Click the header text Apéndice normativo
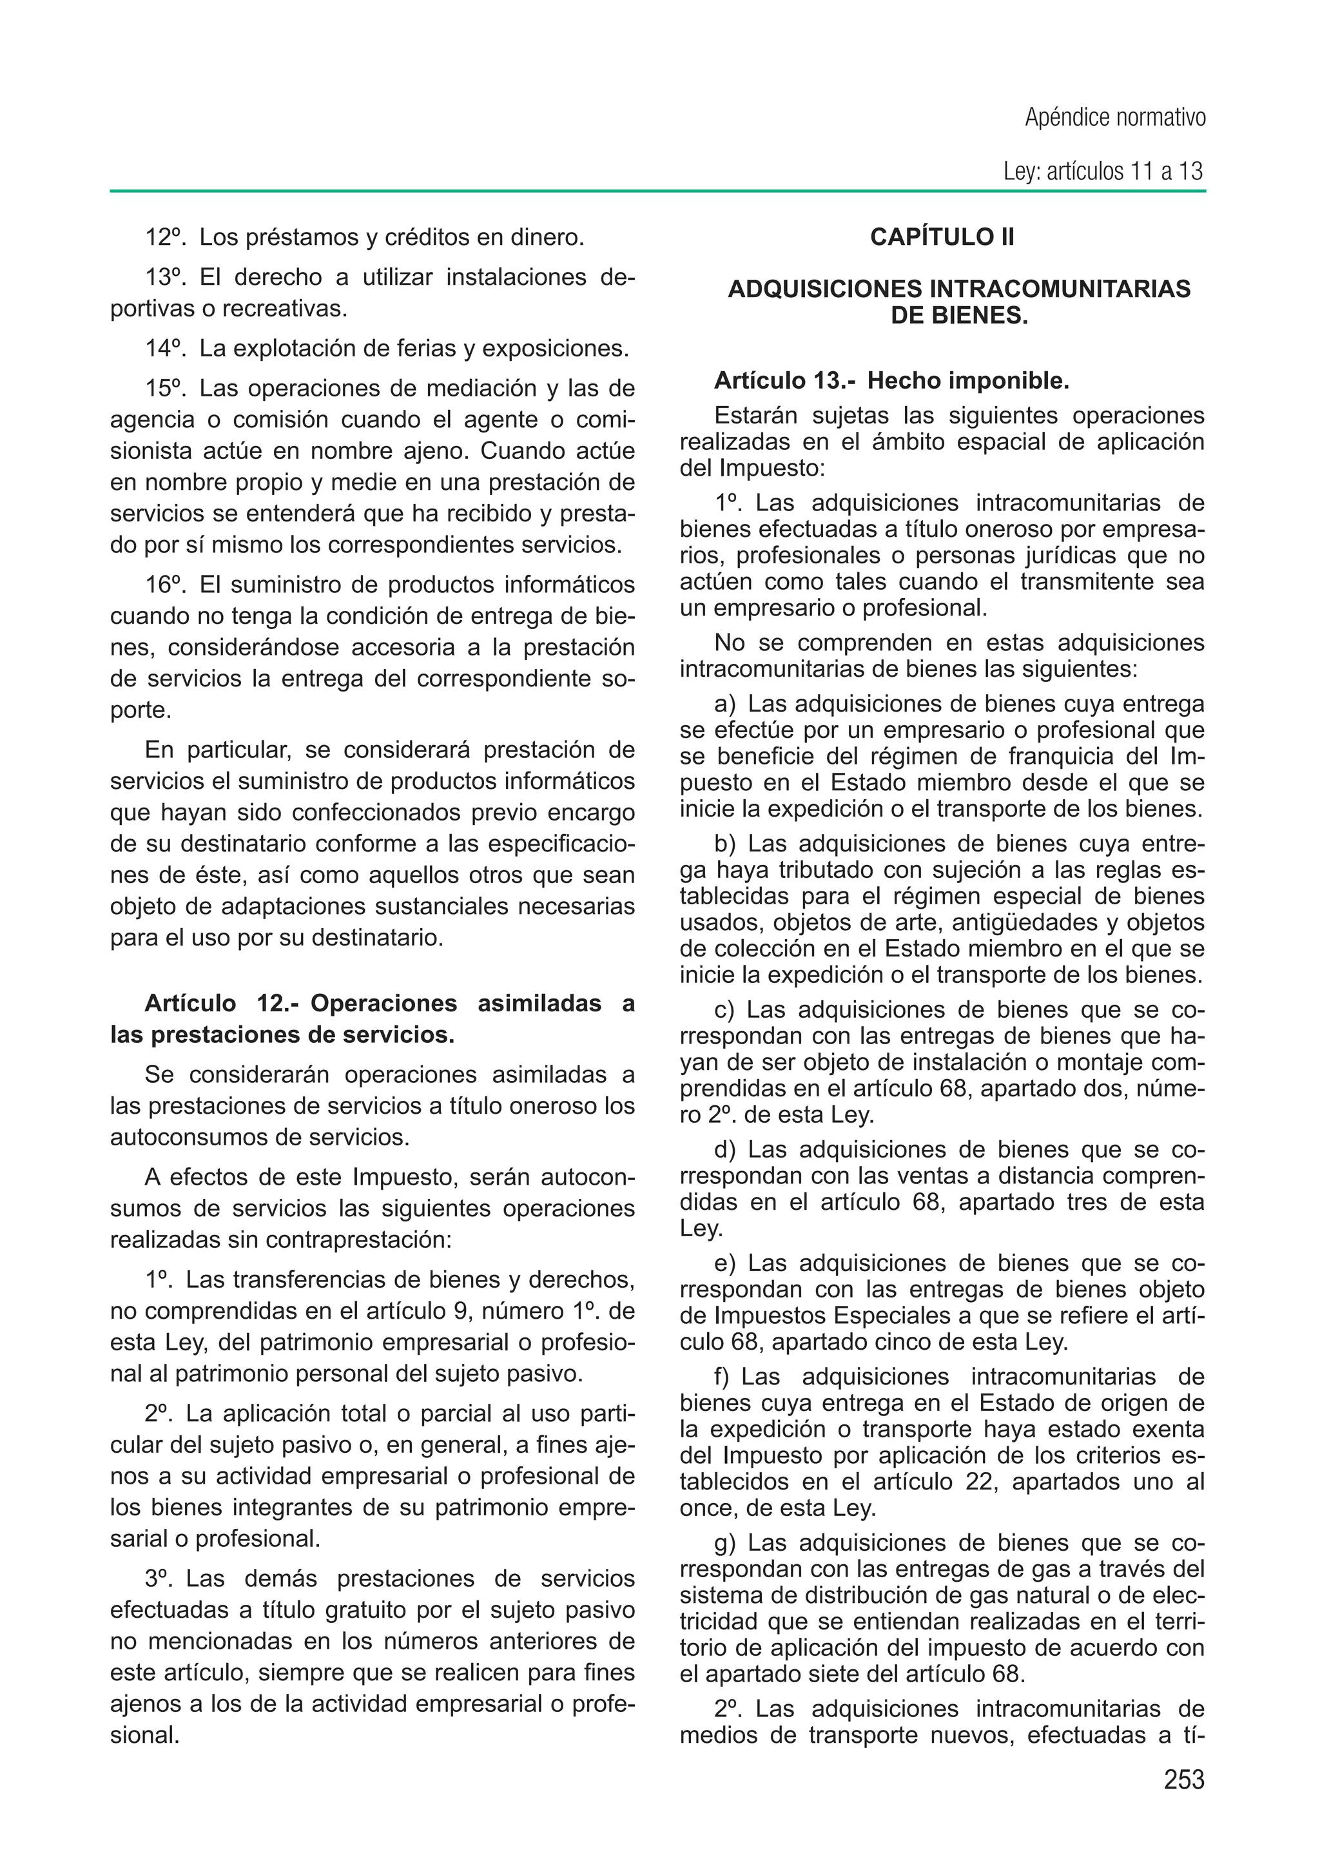1114,118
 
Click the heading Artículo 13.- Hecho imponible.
891,380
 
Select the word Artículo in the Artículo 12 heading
189,1004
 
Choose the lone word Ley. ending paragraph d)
701,1228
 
